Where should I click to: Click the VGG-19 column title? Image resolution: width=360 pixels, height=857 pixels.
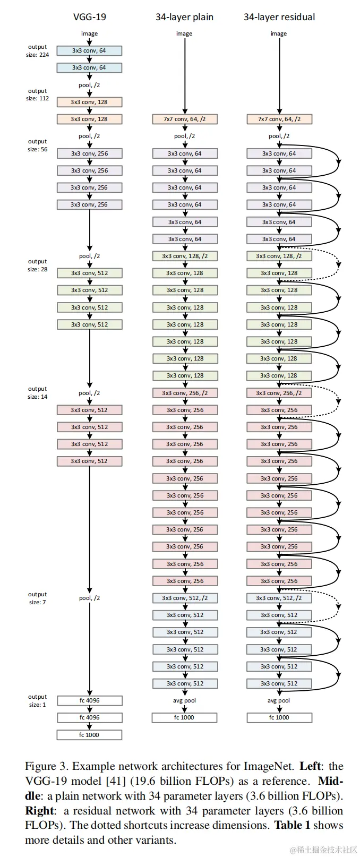coord(90,17)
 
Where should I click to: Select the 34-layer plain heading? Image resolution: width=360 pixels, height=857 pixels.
coord(184,17)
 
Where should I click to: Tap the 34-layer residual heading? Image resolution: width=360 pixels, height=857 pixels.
coord(279,17)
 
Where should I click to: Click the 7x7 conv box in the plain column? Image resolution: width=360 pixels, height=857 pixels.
coord(185,119)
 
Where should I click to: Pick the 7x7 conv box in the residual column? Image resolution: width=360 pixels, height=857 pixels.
coord(279,119)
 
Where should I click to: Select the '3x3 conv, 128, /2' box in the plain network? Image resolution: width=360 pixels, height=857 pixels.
coord(185,256)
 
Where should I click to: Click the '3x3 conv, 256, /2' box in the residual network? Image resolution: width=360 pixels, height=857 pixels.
coord(279,393)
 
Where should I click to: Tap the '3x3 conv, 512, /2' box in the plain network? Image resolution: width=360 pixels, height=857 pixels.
coord(185,598)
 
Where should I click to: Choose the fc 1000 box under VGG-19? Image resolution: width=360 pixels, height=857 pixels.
coord(90,734)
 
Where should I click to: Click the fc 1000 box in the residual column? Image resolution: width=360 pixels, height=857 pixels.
coord(279,717)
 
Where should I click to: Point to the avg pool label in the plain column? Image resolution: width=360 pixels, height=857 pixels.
coord(184,700)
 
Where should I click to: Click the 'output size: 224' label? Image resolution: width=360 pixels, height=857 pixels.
coord(38,51)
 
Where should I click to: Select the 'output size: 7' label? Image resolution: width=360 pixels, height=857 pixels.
coord(38,598)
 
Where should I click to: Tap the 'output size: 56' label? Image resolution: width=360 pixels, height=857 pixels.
coord(38,145)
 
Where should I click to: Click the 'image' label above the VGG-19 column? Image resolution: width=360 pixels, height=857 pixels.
coord(90,33)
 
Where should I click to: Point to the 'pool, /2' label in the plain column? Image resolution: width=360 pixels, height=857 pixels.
coord(184,136)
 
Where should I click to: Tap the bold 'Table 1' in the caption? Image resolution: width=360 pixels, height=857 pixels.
coord(292,825)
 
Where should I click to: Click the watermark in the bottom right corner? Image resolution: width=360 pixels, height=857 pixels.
coord(323,850)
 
